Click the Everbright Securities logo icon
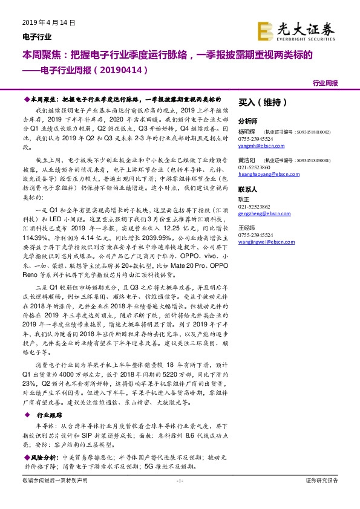265,29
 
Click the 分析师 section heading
248,120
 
